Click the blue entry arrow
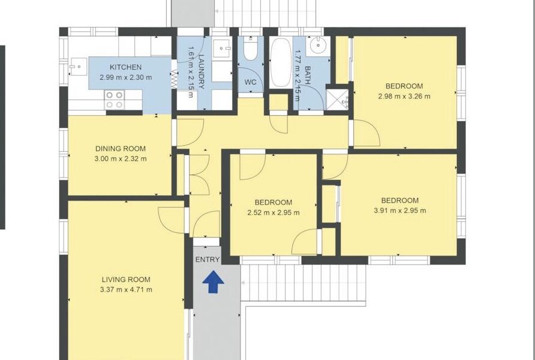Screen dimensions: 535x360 tap(214, 282)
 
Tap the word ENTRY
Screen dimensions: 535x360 tap(208, 260)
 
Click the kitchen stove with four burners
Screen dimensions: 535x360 tap(115, 100)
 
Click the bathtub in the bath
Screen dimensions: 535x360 tap(281, 63)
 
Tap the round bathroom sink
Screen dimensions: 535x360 tap(318, 46)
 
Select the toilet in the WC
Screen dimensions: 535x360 tap(251, 49)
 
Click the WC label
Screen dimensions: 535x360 tap(251, 82)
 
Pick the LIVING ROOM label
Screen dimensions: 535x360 tap(126, 280)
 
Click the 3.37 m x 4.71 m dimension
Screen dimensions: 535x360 tap(126, 290)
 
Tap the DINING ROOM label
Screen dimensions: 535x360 tap(121, 148)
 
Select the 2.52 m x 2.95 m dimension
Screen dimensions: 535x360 tap(273, 212)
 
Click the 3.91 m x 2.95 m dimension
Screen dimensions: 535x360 tap(400, 211)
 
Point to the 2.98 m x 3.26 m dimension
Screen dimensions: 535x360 tap(404, 96)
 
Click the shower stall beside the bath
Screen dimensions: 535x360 tap(337, 100)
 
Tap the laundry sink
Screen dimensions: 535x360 tap(222, 49)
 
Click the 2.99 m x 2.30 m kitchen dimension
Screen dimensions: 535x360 tap(125, 77)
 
